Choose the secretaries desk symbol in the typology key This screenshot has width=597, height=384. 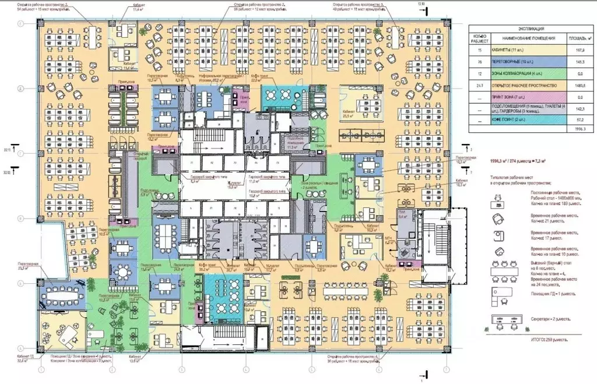[x=505, y=319]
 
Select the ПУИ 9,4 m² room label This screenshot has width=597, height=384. [x=402, y=214]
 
